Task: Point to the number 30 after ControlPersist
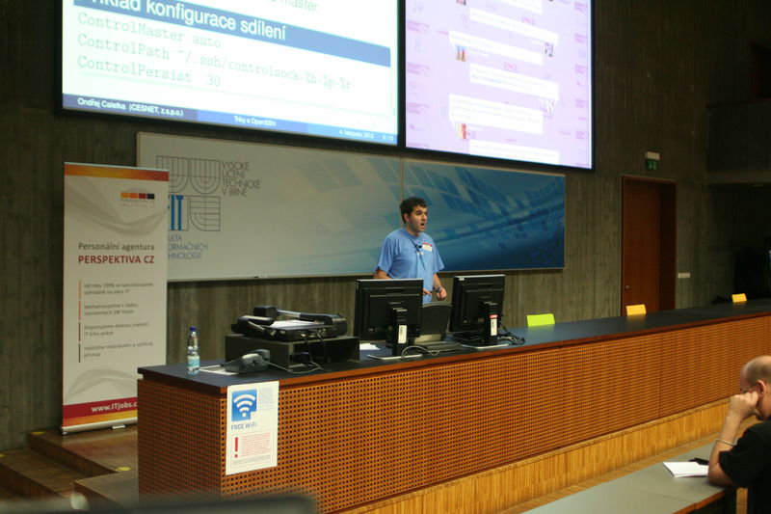coord(212,79)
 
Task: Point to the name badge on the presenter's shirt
coord(425,247)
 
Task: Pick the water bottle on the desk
coord(193,350)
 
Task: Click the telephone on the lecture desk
coord(248,362)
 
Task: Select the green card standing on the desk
coord(541,319)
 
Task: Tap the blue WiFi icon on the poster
coord(244,404)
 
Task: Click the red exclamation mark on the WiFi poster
coord(235,446)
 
